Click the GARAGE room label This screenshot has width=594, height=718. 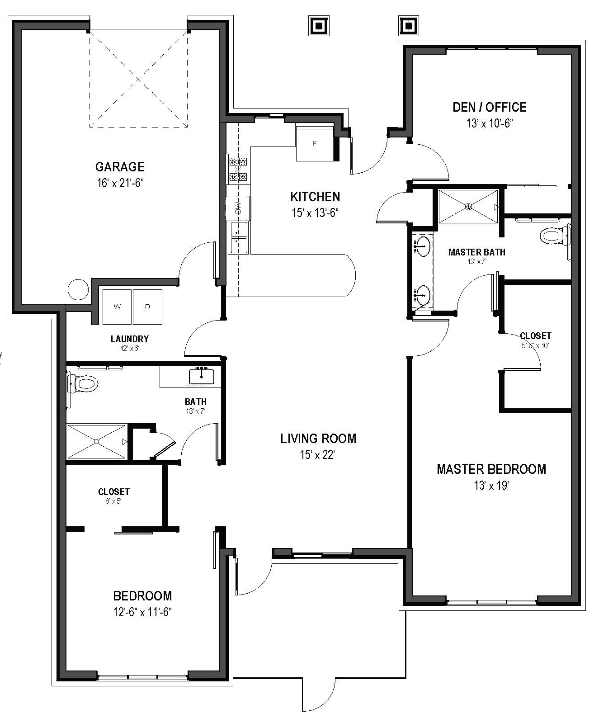(120, 167)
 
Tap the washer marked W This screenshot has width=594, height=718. (117, 307)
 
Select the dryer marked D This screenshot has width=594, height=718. (147, 307)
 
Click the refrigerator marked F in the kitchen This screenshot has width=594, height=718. (315, 144)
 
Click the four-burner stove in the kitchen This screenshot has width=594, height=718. (238, 169)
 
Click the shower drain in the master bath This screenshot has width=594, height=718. (469, 207)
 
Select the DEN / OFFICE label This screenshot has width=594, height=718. (489, 107)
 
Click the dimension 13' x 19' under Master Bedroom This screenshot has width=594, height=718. (491, 486)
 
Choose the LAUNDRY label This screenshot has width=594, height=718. (130, 339)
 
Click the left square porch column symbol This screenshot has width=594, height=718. (319, 26)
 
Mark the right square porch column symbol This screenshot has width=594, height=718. (408, 26)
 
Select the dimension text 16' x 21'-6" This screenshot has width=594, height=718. (120, 183)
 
